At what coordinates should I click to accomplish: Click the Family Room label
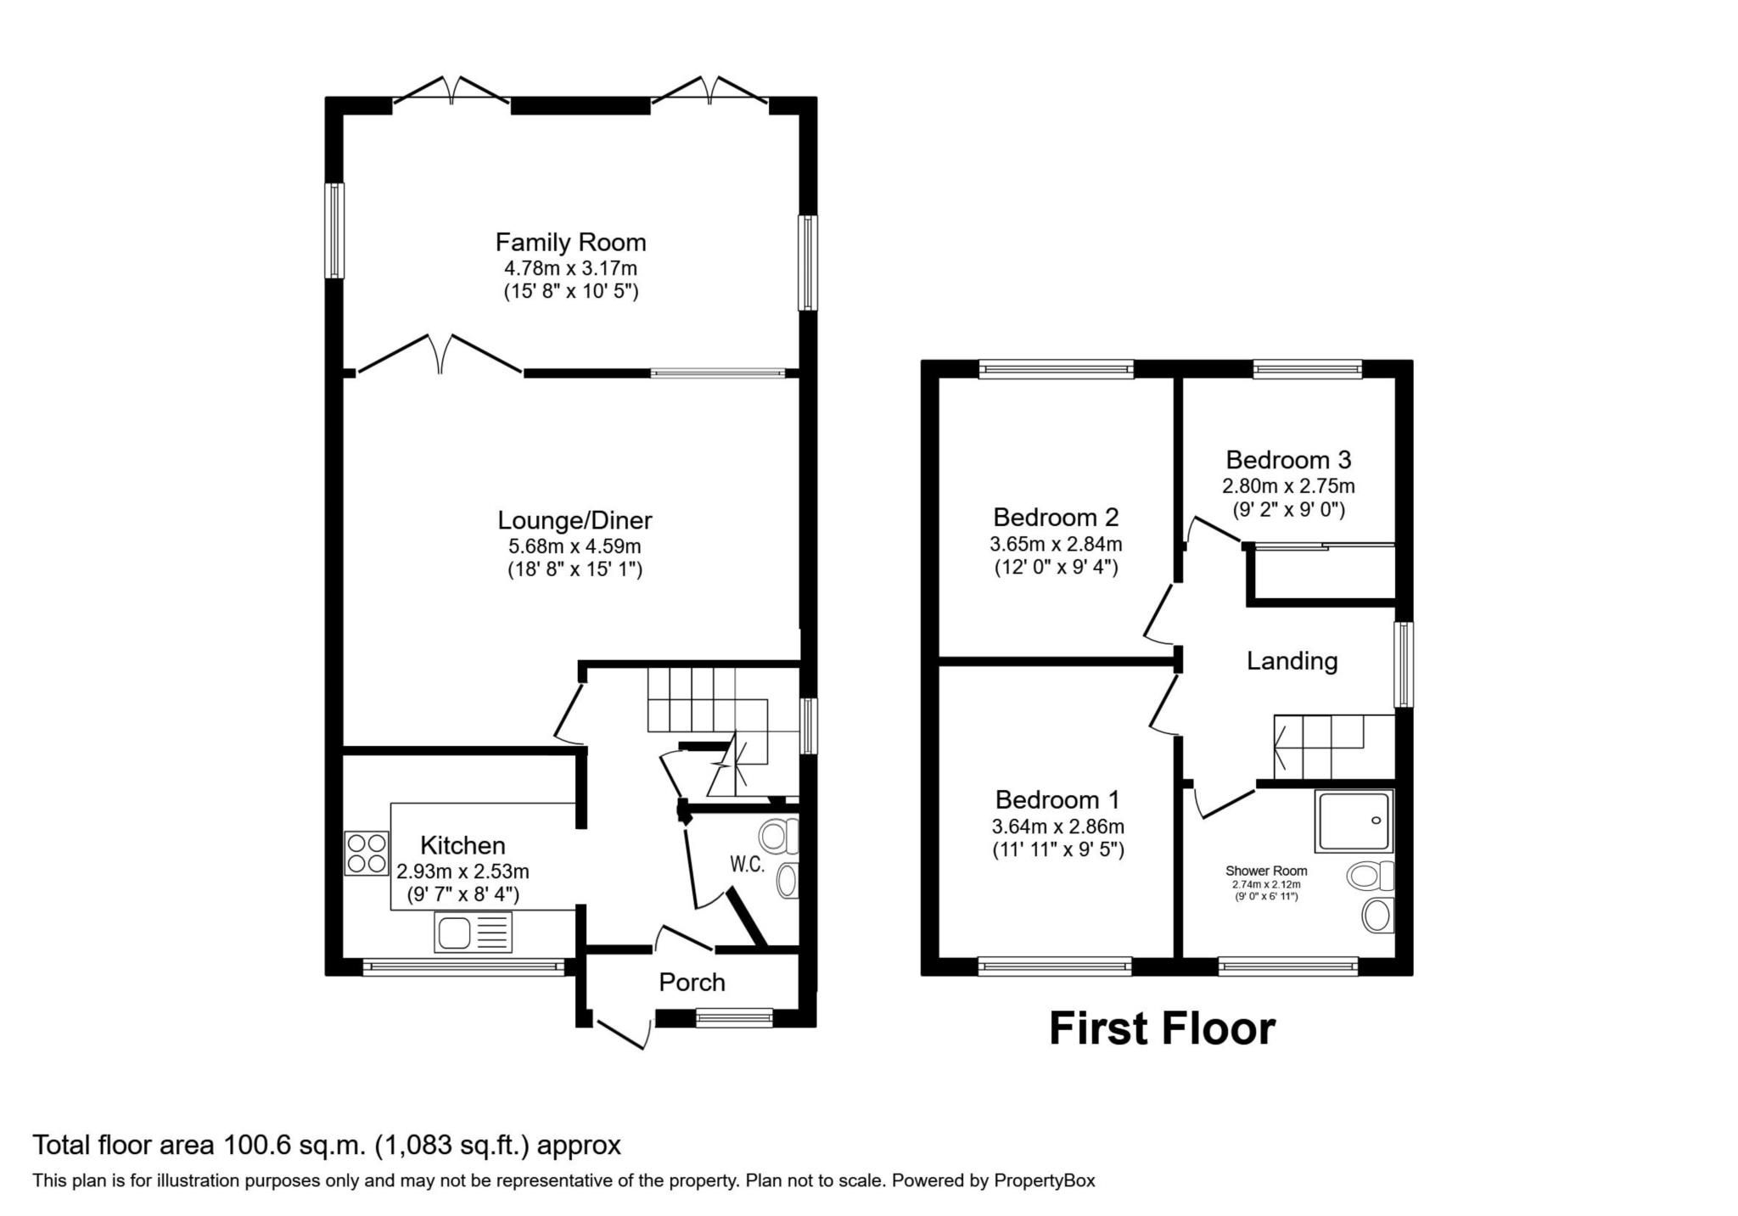(x=570, y=243)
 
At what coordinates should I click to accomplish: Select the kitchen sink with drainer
(x=474, y=932)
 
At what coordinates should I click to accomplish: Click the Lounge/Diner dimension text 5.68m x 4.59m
(x=569, y=546)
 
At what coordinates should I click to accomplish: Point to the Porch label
(x=692, y=982)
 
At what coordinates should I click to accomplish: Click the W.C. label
(x=748, y=865)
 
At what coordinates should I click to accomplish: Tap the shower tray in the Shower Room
(x=1354, y=821)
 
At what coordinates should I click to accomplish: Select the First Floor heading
(x=1162, y=1028)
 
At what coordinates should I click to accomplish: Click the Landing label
(x=1292, y=661)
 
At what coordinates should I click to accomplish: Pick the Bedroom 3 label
(x=1288, y=460)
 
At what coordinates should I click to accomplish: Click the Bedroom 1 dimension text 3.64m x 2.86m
(x=1058, y=826)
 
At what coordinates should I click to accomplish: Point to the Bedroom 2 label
(x=1056, y=517)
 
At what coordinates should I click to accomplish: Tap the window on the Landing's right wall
(x=1404, y=664)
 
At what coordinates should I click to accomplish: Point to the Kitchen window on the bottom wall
(x=463, y=966)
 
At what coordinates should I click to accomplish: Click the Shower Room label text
(x=1265, y=871)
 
